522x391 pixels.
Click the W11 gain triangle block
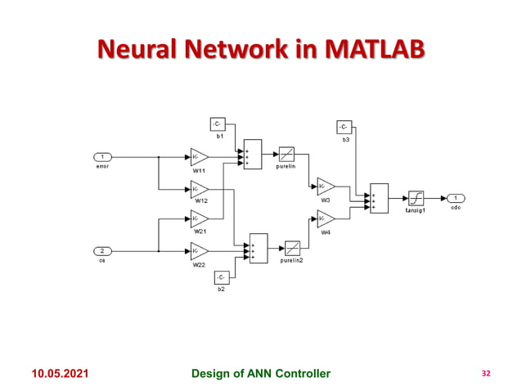click(199, 156)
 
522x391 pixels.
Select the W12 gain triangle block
click(199, 189)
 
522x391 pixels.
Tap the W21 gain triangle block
click(199, 219)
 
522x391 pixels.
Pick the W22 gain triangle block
click(199, 251)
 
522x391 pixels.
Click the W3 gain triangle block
click(325, 187)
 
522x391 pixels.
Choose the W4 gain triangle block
click(325, 219)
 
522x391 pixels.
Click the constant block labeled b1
click(218, 124)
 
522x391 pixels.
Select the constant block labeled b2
click(222, 278)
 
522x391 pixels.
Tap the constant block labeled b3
click(344, 127)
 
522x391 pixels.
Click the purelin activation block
click(286, 153)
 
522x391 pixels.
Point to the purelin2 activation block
click(292, 247)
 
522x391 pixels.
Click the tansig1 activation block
click(416, 199)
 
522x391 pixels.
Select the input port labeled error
click(102, 156)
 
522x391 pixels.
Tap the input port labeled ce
click(102, 251)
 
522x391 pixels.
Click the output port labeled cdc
click(455, 198)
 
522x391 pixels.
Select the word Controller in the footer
click(299, 374)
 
